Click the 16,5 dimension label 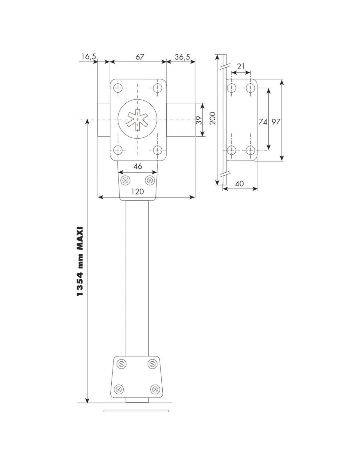tap(88, 57)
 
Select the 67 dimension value tap(140, 57)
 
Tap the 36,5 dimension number tap(182, 57)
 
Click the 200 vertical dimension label tap(213, 118)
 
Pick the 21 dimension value tap(241, 67)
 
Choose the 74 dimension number tap(263, 122)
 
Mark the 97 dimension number tap(276, 122)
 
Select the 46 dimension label tap(137, 166)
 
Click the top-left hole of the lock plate tap(117, 88)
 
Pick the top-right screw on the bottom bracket tap(152, 364)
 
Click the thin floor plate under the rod tap(136, 411)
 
